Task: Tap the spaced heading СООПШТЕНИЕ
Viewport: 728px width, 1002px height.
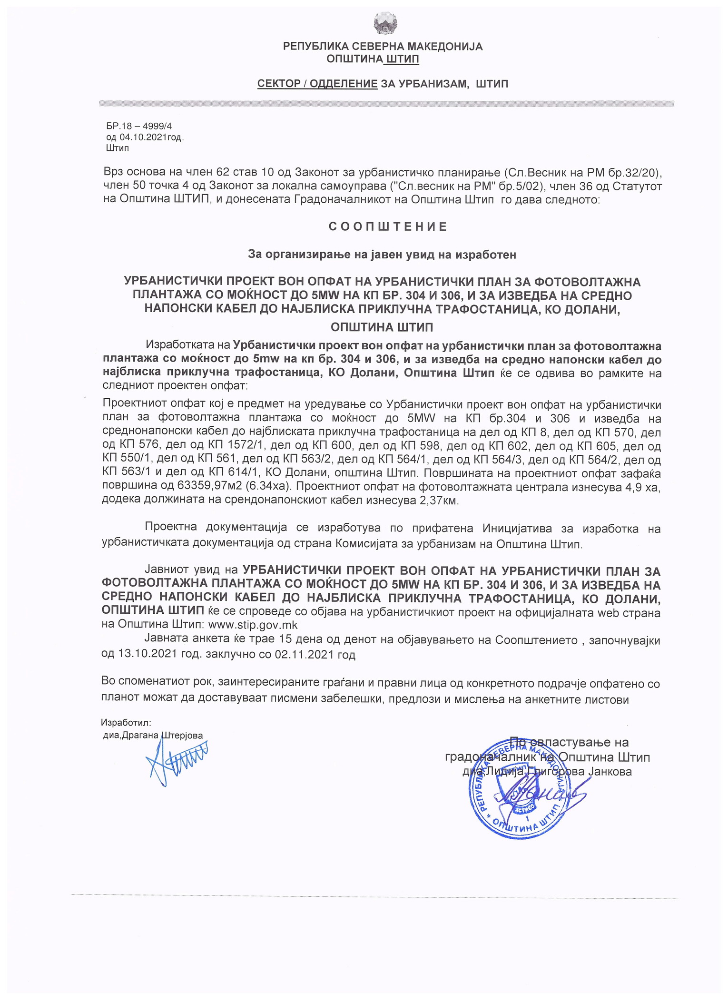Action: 388,227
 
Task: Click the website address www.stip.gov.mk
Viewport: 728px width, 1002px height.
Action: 253,625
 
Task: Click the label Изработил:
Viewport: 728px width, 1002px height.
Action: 126,723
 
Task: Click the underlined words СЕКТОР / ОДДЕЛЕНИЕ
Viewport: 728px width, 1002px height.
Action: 317,84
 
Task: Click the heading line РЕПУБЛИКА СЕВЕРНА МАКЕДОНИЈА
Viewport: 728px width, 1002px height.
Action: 383,47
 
